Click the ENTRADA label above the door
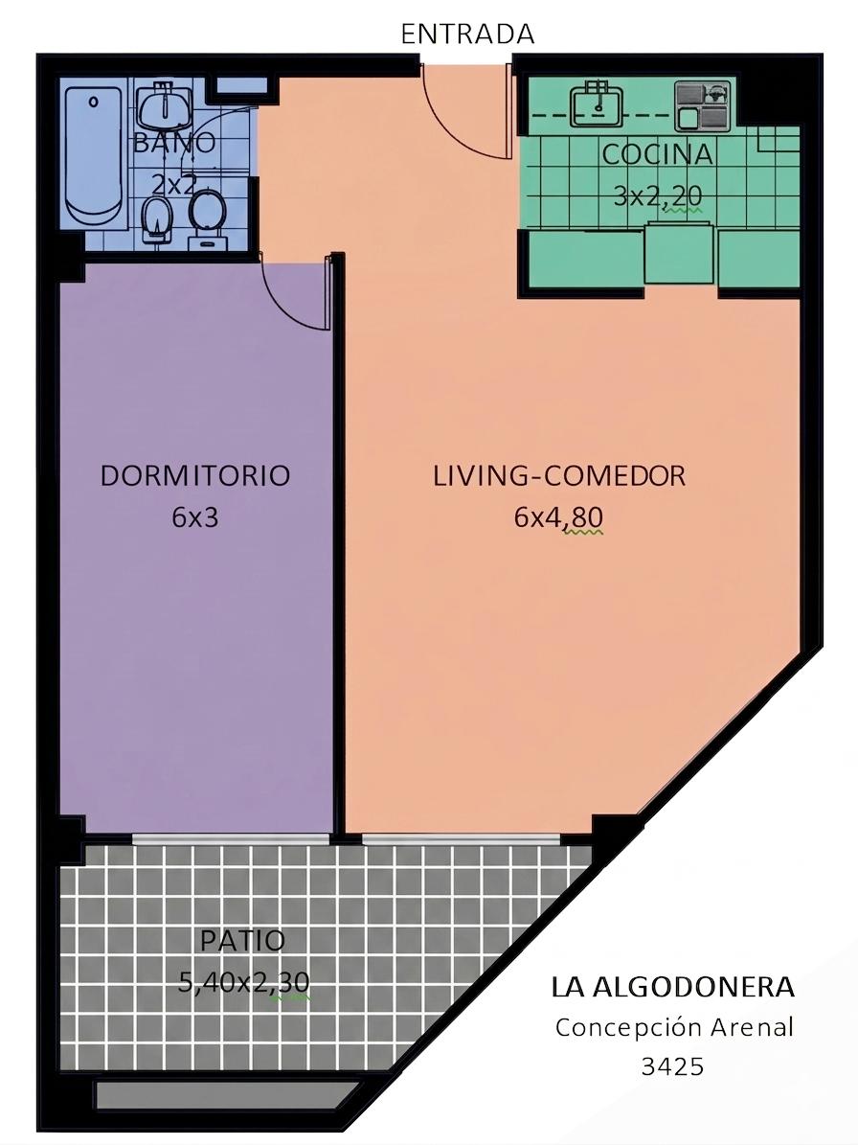(x=467, y=34)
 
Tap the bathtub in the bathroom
(x=94, y=155)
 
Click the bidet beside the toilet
(x=157, y=219)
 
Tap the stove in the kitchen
(x=702, y=105)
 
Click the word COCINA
(x=657, y=154)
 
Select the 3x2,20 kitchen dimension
(x=657, y=195)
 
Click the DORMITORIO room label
(x=195, y=475)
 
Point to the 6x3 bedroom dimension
(x=195, y=517)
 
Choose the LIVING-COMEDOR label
(x=559, y=475)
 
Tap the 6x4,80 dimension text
(x=559, y=517)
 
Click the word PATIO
(x=243, y=940)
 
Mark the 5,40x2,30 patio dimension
(x=244, y=982)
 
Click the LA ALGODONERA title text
(x=672, y=987)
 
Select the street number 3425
(x=672, y=1066)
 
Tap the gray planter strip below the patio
(x=226, y=1094)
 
